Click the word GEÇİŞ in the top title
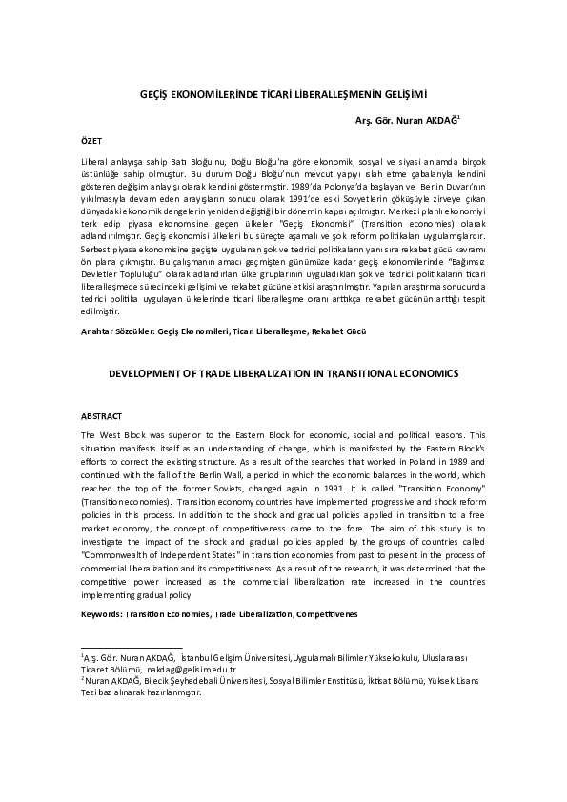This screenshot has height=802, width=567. pos(154,96)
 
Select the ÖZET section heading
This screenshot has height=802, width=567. pos(92,140)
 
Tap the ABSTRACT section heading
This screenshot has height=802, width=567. pos(100,416)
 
